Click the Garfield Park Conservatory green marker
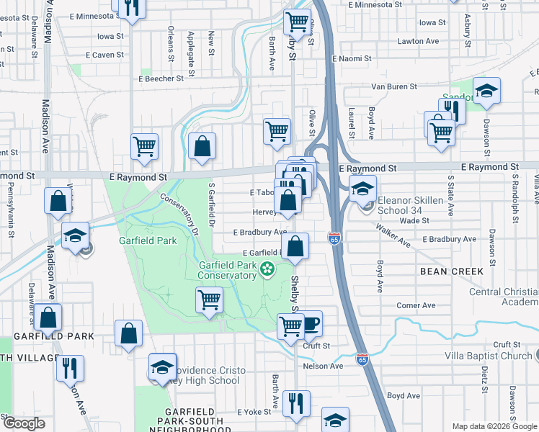pos(268,270)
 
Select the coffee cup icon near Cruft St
pos(309,323)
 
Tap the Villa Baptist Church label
pos(488,356)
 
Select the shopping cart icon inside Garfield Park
pos(209,299)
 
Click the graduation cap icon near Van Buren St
pos(487,90)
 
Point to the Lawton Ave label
pos(418,42)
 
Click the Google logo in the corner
pos(23,423)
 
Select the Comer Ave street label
pos(416,305)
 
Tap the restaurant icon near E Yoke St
pos(295,402)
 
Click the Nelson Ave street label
pos(324,366)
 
